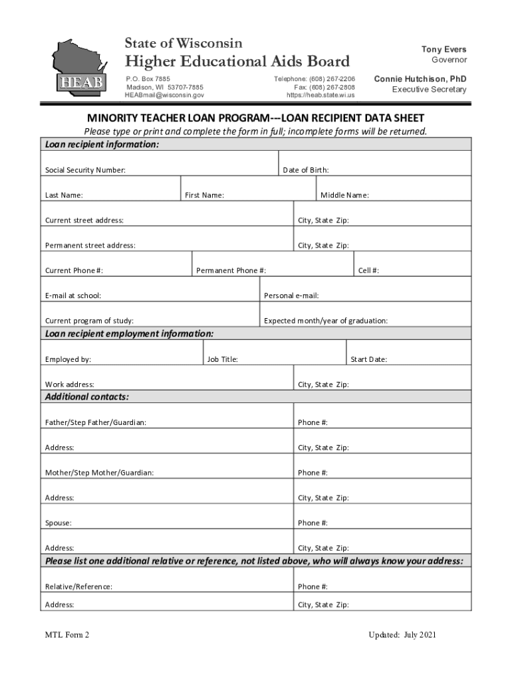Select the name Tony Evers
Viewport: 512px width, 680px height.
pos(444,50)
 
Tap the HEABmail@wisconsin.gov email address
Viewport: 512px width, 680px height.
pos(164,96)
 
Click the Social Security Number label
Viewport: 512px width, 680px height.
pos(85,171)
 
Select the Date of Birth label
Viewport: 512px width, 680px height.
pos(306,171)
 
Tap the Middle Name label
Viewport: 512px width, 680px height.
pos(344,196)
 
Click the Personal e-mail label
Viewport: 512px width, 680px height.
pos(291,296)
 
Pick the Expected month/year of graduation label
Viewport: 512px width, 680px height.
pos(326,321)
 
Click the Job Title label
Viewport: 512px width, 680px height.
pos(222,360)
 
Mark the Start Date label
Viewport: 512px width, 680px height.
pos(368,360)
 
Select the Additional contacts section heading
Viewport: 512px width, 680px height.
pos(86,397)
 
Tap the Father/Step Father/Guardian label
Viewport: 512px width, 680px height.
pos(96,423)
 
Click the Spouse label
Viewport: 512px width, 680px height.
pos(59,523)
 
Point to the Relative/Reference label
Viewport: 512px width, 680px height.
pos(78,587)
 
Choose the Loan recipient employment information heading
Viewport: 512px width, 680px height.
pos(129,333)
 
